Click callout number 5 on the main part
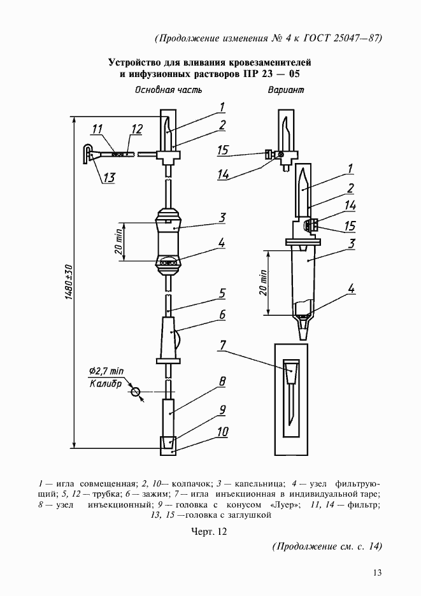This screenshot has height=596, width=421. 222,294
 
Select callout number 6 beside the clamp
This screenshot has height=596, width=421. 222,315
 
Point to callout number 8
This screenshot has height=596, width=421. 222,382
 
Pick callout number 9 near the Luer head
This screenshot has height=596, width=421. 222,409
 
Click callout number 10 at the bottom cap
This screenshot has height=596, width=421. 222,432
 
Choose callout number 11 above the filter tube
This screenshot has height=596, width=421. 97,131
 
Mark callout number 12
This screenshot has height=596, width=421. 136,129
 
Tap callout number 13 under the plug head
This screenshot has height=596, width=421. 109,178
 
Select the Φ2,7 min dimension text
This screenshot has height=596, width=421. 106,371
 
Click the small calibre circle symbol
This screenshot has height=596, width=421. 136,393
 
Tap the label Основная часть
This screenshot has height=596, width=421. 168,90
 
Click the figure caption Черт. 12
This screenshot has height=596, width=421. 209,530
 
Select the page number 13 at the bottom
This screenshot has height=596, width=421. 377,572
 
